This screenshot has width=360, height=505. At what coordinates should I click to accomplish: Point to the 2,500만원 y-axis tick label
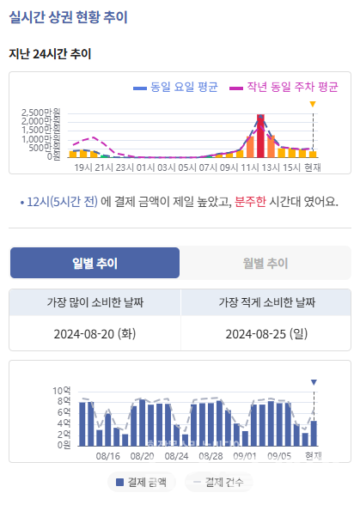point(40,113)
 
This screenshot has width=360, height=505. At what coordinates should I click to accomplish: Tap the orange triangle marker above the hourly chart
point(313,105)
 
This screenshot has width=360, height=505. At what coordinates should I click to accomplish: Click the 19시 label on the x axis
point(83,167)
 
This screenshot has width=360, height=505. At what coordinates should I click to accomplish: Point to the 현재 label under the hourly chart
point(313,167)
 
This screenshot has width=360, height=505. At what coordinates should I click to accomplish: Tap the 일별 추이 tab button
point(95,263)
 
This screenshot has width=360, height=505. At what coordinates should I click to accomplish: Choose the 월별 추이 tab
point(265,263)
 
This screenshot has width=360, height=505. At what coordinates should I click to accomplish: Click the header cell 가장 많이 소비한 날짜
point(95,302)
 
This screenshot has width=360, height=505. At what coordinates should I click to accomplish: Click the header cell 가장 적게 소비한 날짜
point(266,302)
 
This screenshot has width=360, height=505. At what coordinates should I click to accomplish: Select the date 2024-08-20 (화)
point(95,333)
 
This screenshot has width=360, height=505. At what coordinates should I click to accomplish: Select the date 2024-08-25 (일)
point(266,333)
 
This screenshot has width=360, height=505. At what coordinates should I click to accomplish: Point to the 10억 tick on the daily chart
point(61,392)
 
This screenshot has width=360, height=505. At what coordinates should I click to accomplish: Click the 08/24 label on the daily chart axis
point(176,456)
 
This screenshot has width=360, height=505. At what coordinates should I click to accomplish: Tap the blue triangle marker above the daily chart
point(314,382)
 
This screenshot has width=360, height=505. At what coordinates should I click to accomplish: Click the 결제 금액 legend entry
point(142,482)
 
